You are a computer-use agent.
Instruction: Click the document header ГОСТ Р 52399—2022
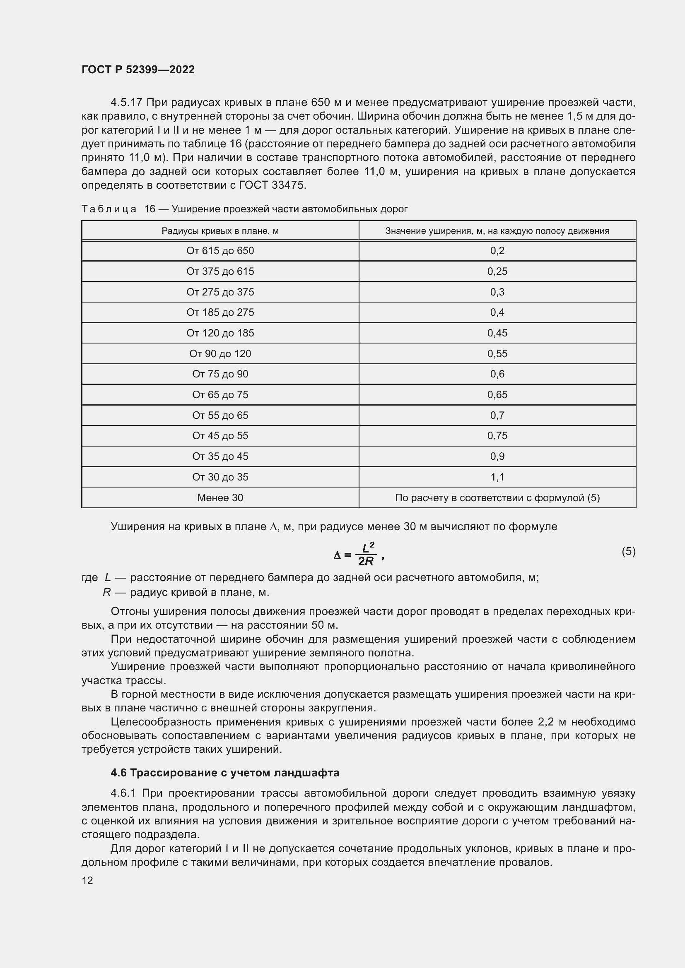[x=138, y=70]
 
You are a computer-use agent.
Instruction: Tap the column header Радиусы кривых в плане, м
[x=220, y=231]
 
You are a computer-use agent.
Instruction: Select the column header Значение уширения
[x=497, y=231]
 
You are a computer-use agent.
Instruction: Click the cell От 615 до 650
[x=220, y=250]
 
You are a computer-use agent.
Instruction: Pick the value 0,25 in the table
[x=497, y=271]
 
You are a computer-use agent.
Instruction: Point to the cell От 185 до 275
[x=220, y=312]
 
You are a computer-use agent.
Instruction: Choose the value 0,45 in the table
[x=497, y=333]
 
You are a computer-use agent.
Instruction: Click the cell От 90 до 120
[x=220, y=353]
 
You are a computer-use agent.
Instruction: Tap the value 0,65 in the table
[x=497, y=395]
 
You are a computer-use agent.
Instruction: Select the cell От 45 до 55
[x=220, y=435]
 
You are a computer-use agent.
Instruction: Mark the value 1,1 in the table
[x=497, y=477]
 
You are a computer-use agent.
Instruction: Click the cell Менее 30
[x=220, y=497]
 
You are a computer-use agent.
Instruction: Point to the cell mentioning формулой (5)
[x=497, y=497]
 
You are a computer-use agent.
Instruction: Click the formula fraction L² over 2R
[x=365, y=554]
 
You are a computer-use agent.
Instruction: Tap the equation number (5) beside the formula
[x=628, y=551]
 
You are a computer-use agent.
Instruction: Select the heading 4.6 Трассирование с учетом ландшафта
[x=225, y=772]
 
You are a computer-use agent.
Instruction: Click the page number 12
[x=87, y=880]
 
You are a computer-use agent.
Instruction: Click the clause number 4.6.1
[x=123, y=793]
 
